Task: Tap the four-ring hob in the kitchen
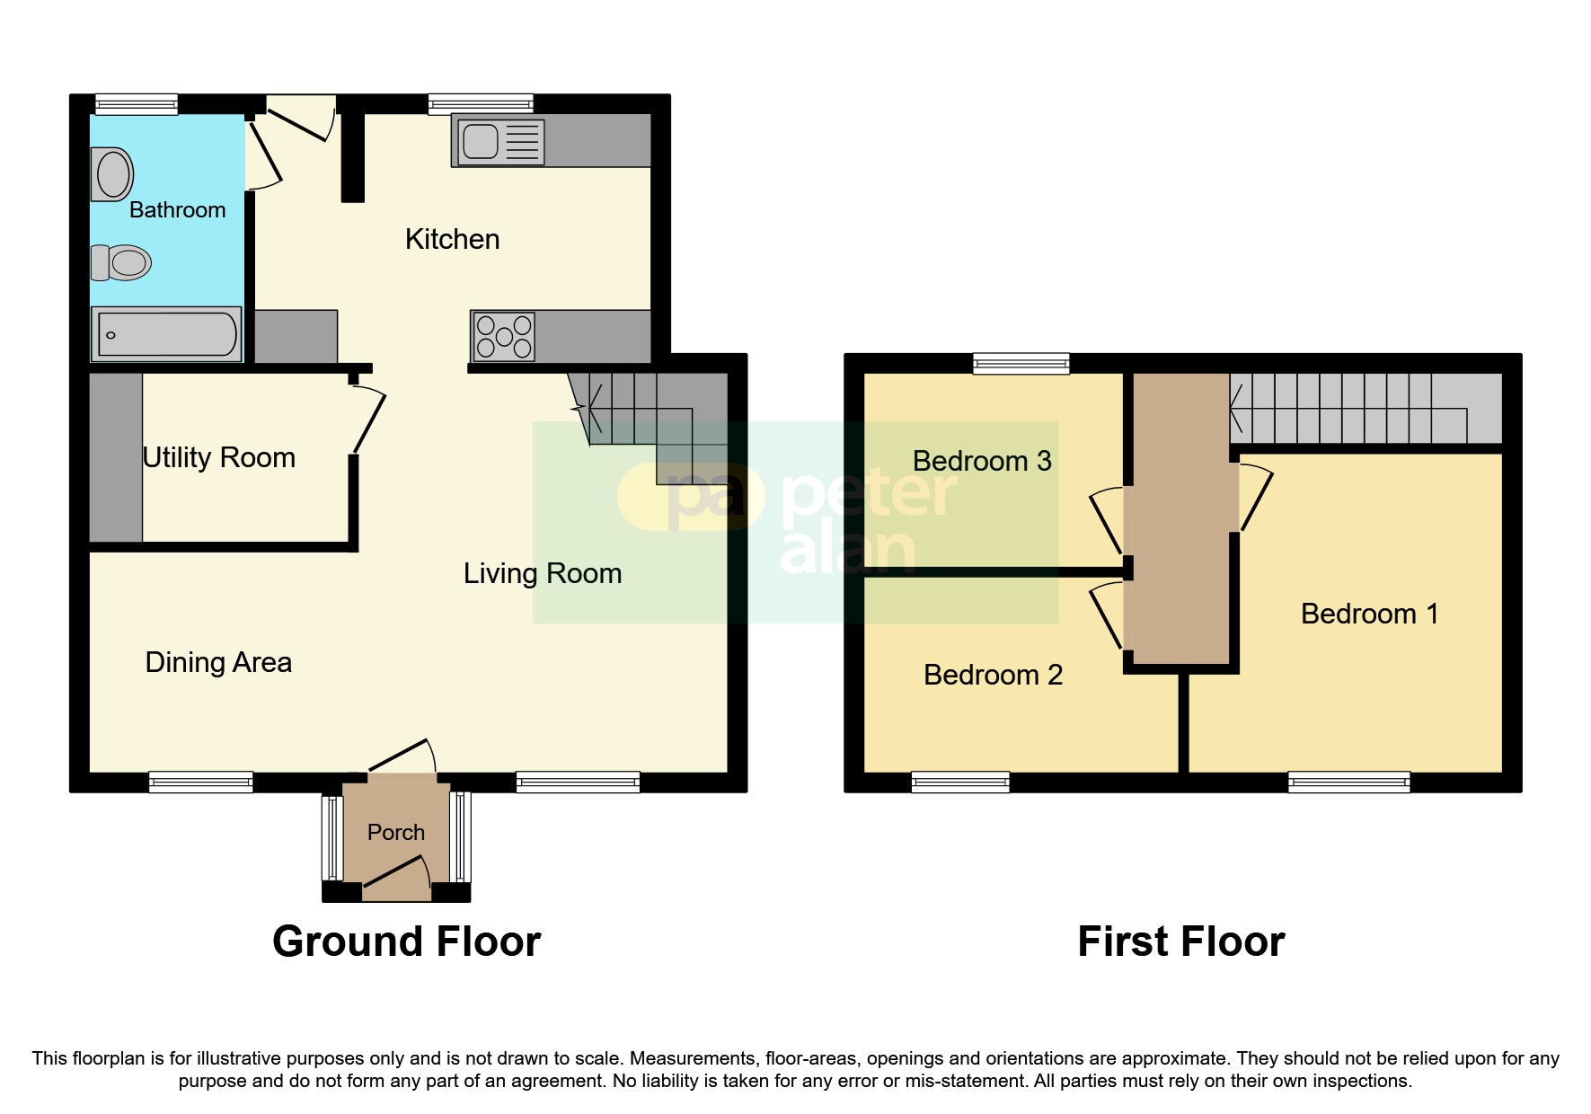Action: click(x=503, y=336)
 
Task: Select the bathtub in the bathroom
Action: click(x=166, y=334)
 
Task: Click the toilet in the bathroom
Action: click(x=121, y=262)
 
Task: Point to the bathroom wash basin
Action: click(x=113, y=174)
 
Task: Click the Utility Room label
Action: click(x=219, y=457)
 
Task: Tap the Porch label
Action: click(x=395, y=832)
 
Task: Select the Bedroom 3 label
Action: click(x=981, y=461)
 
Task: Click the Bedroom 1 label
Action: click(x=1368, y=614)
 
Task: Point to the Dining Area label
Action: click(x=218, y=662)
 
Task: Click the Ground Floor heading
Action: click(x=406, y=942)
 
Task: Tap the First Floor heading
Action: click(x=1180, y=942)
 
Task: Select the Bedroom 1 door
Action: click(x=1256, y=497)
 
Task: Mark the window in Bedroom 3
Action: click(x=1021, y=363)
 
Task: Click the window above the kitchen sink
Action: click(x=481, y=104)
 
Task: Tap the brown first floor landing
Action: click(x=1180, y=521)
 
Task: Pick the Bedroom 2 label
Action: click(x=993, y=675)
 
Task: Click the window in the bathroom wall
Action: click(x=137, y=104)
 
